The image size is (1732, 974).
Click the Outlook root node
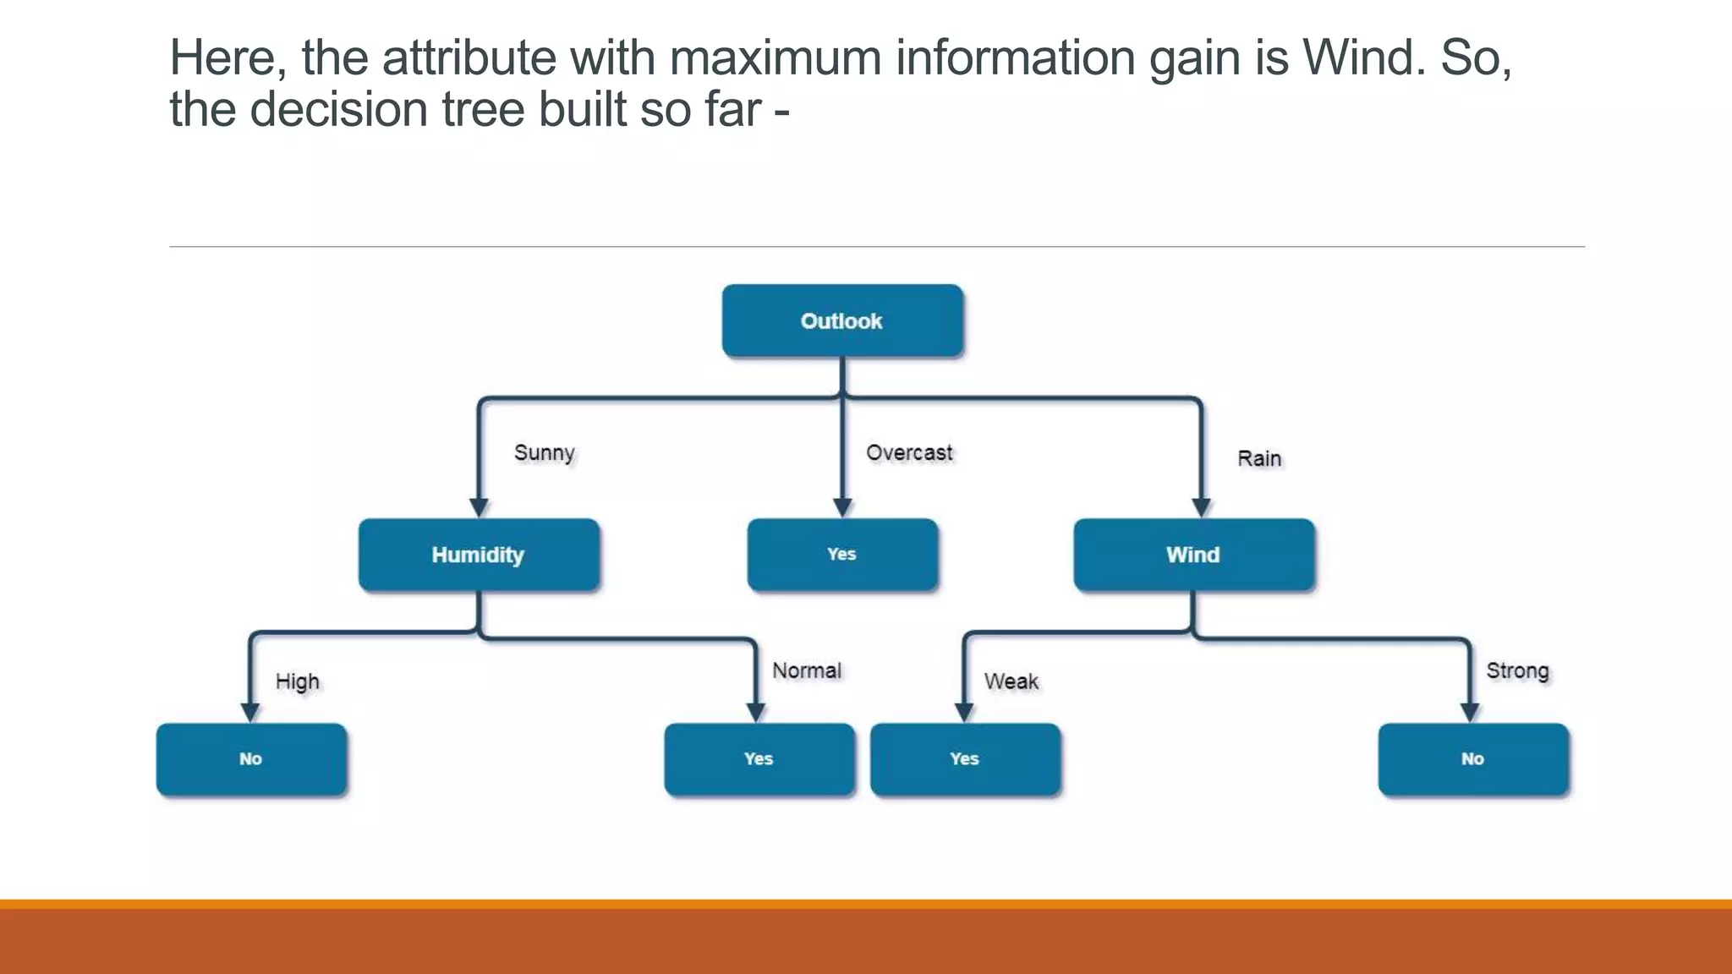click(x=842, y=320)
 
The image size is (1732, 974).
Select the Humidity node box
click(x=479, y=555)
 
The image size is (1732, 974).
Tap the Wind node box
click(x=1193, y=555)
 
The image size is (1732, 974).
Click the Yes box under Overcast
click(x=842, y=555)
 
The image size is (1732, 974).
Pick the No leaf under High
click(x=251, y=759)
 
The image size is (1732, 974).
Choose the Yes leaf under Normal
click(x=759, y=759)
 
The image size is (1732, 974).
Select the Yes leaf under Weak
click(x=965, y=759)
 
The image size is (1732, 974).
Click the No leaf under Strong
click(x=1473, y=759)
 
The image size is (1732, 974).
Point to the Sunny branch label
click(x=545, y=453)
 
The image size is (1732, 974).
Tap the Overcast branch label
click(x=909, y=453)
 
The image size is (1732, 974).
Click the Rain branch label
click(x=1259, y=459)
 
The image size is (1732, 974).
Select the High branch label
click(x=298, y=681)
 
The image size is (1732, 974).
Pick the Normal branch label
click(x=807, y=670)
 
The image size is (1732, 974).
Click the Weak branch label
click(x=1011, y=681)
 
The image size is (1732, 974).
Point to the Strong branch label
click(x=1517, y=670)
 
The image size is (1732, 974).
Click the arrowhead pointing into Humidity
click(x=479, y=507)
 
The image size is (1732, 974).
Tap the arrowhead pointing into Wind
click(x=1201, y=507)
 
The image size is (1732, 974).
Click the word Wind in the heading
click(x=1362, y=57)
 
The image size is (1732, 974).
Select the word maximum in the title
click(x=774, y=57)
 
